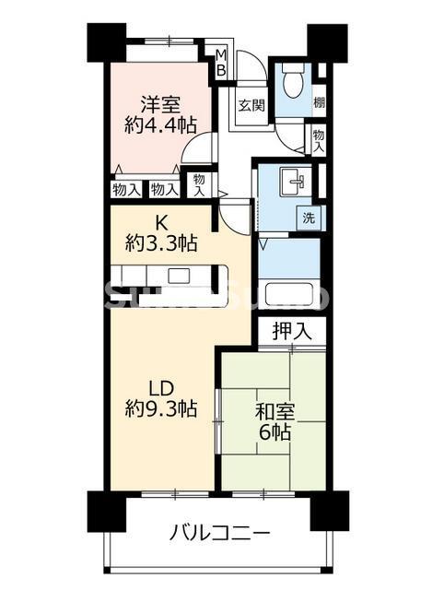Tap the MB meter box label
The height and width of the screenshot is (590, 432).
click(221, 66)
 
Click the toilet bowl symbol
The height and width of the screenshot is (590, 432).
click(292, 84)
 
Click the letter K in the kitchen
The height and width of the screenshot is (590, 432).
click(161, 222)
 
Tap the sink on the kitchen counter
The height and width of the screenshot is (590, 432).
click(178, 276)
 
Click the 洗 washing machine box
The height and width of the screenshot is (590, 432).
click(309, 218)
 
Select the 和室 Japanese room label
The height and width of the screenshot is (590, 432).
click(274, 408)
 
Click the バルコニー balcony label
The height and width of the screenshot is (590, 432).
click(219, 533)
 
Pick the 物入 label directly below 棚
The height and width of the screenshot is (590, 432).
click(318, 141)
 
